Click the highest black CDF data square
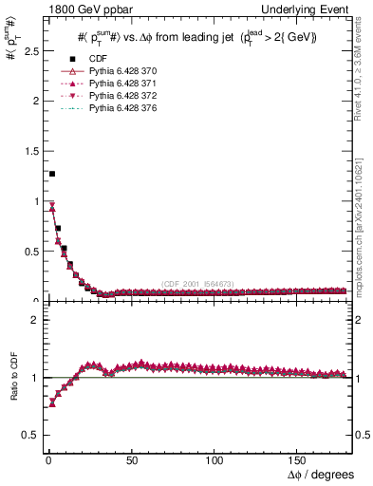pos(51,174)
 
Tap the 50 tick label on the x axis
pos(133,459)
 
